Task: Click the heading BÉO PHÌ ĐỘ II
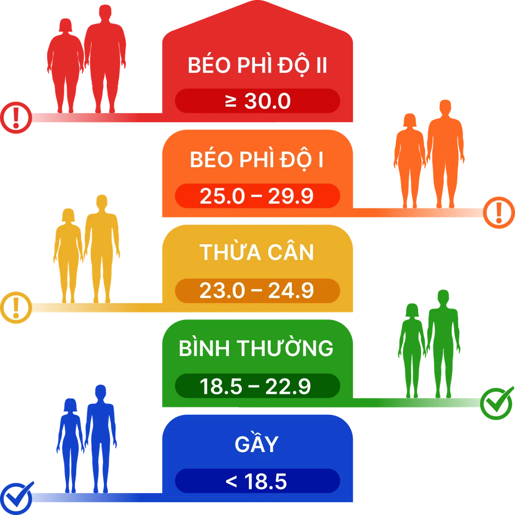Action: pyautogui.click(x=257, y=66)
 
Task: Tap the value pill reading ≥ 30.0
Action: pyautogui.click(x=257, y=101)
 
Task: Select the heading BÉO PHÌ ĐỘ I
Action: pyautogui.click(x=257, y=161)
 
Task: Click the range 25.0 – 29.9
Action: pyautogui.click(x=257, y=196)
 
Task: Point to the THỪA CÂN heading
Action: pyautogui.click(x=257, y=252)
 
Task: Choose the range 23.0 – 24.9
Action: pyautogui.click(x=257, y=290)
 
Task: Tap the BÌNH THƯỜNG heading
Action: pyautogui.click(x=256, y=349)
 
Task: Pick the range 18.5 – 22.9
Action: pyautogui.click(x=257, y=386)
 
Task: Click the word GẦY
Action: pyautogui.click(x=257, y=444)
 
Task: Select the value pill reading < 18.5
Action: pyautogui.click(x=257, y=481)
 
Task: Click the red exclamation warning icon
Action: pyautogui.click(x=16, y=117)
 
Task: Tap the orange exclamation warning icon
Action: pyautogui.click(x=499, y=212)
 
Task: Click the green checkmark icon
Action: pyautogui.click(x=497, y=403)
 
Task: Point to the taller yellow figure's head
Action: pyautogui.click(x=102, y=202)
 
